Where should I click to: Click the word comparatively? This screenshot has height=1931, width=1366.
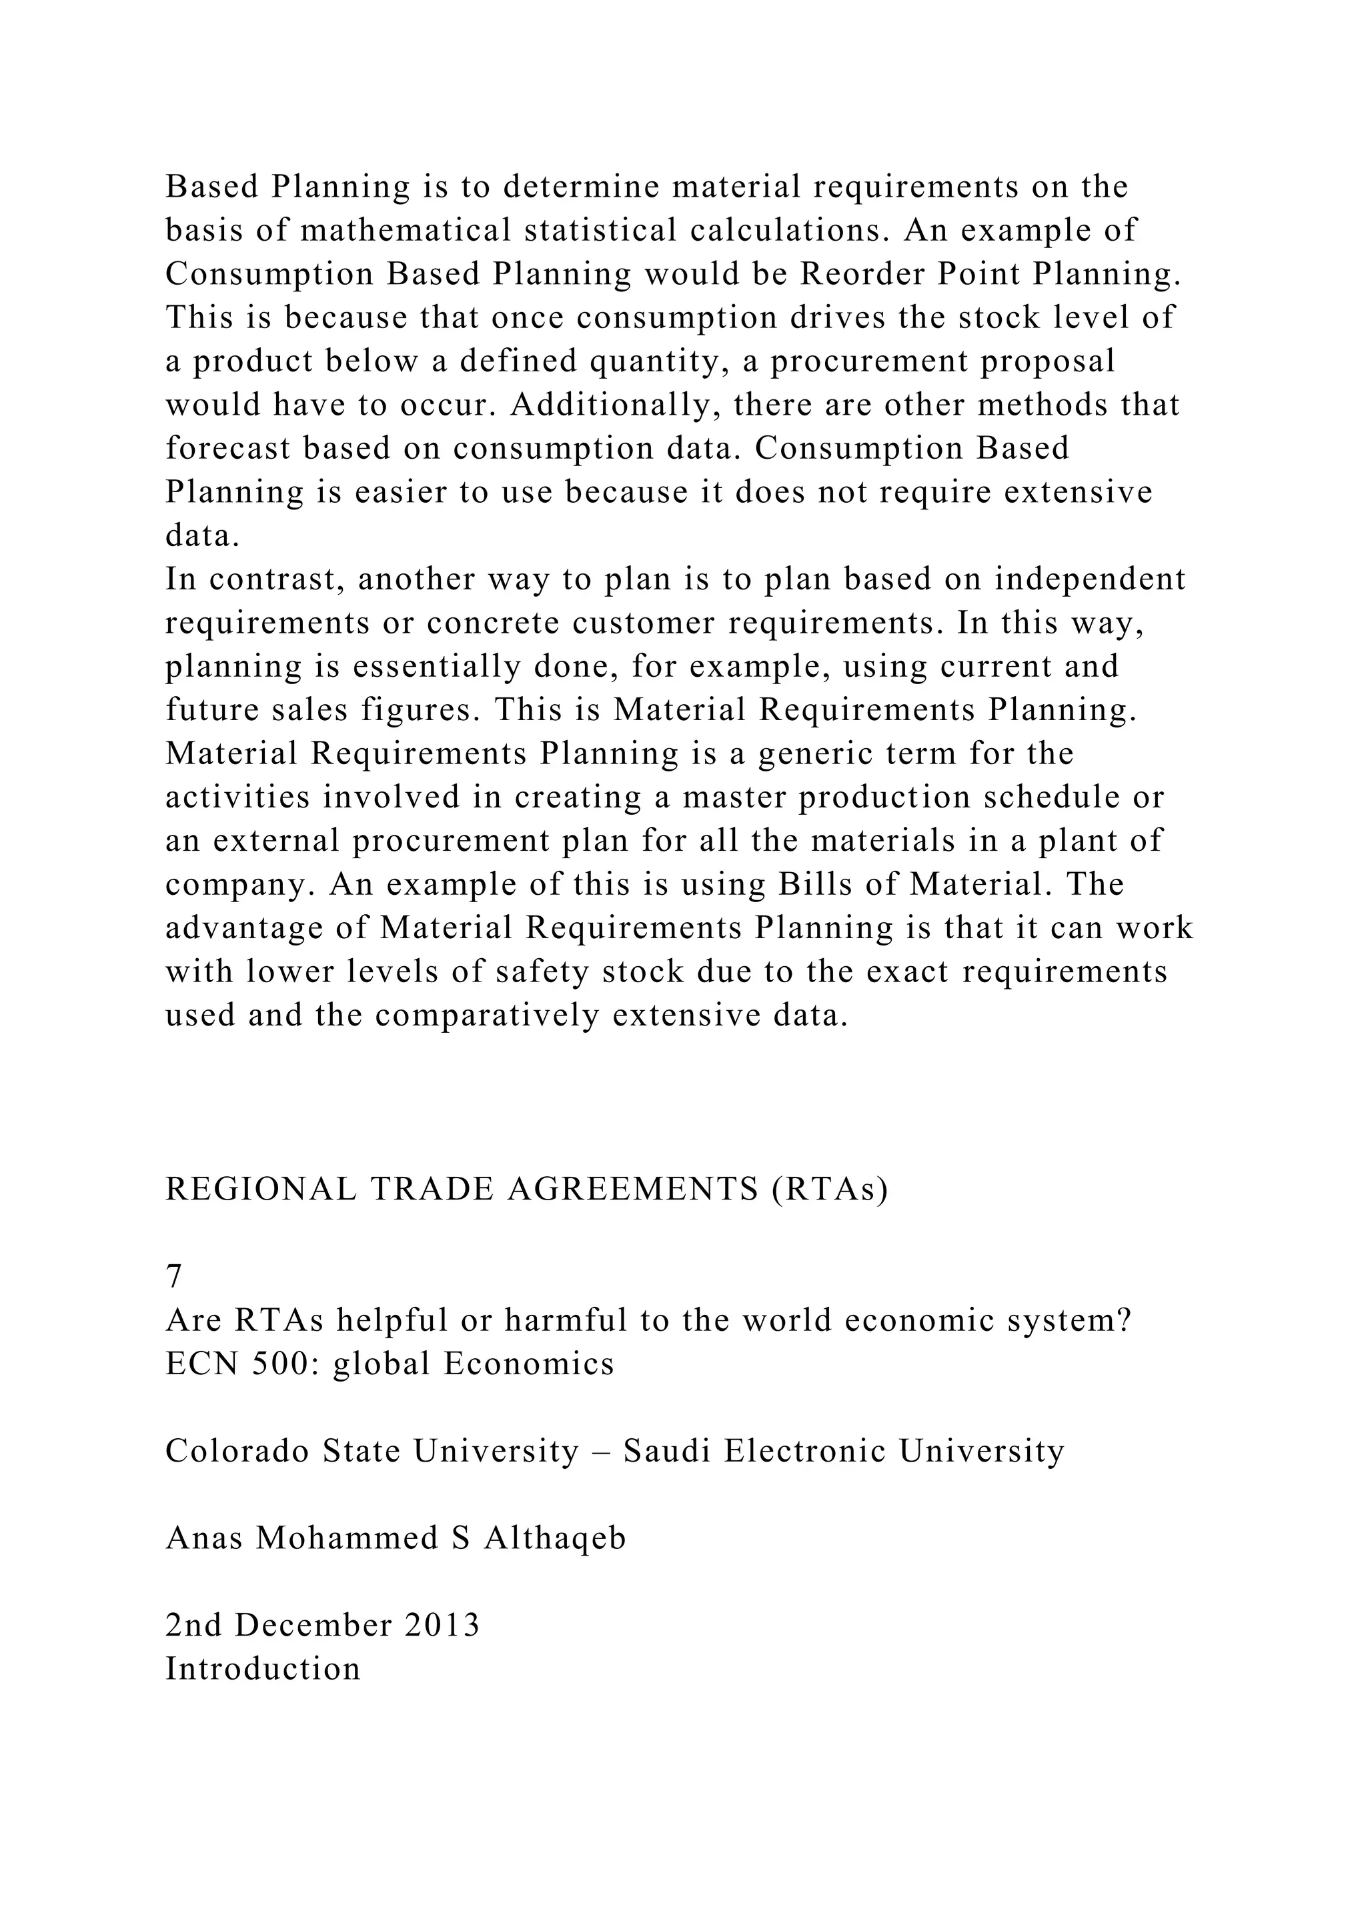click(x=487, y=1016)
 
